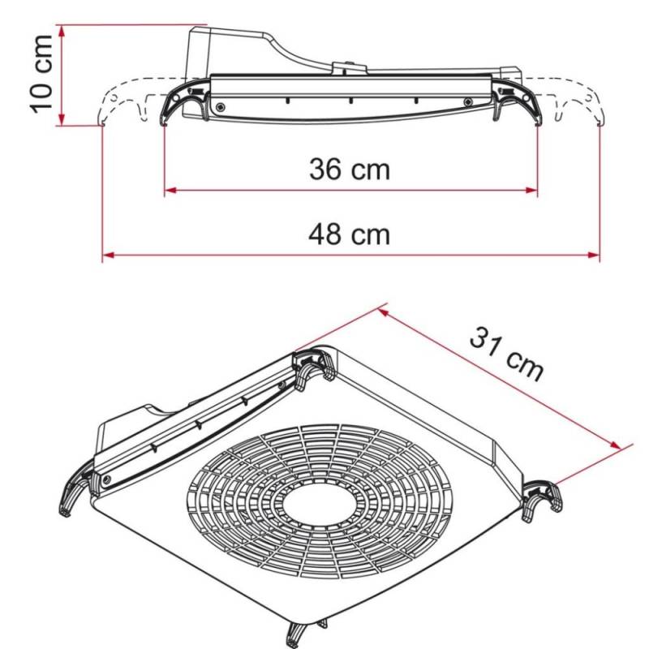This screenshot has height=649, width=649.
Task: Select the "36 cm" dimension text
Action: point(350,170)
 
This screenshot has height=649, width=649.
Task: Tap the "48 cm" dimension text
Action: point(350,234)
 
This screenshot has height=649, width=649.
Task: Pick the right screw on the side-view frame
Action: point(467,101)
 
